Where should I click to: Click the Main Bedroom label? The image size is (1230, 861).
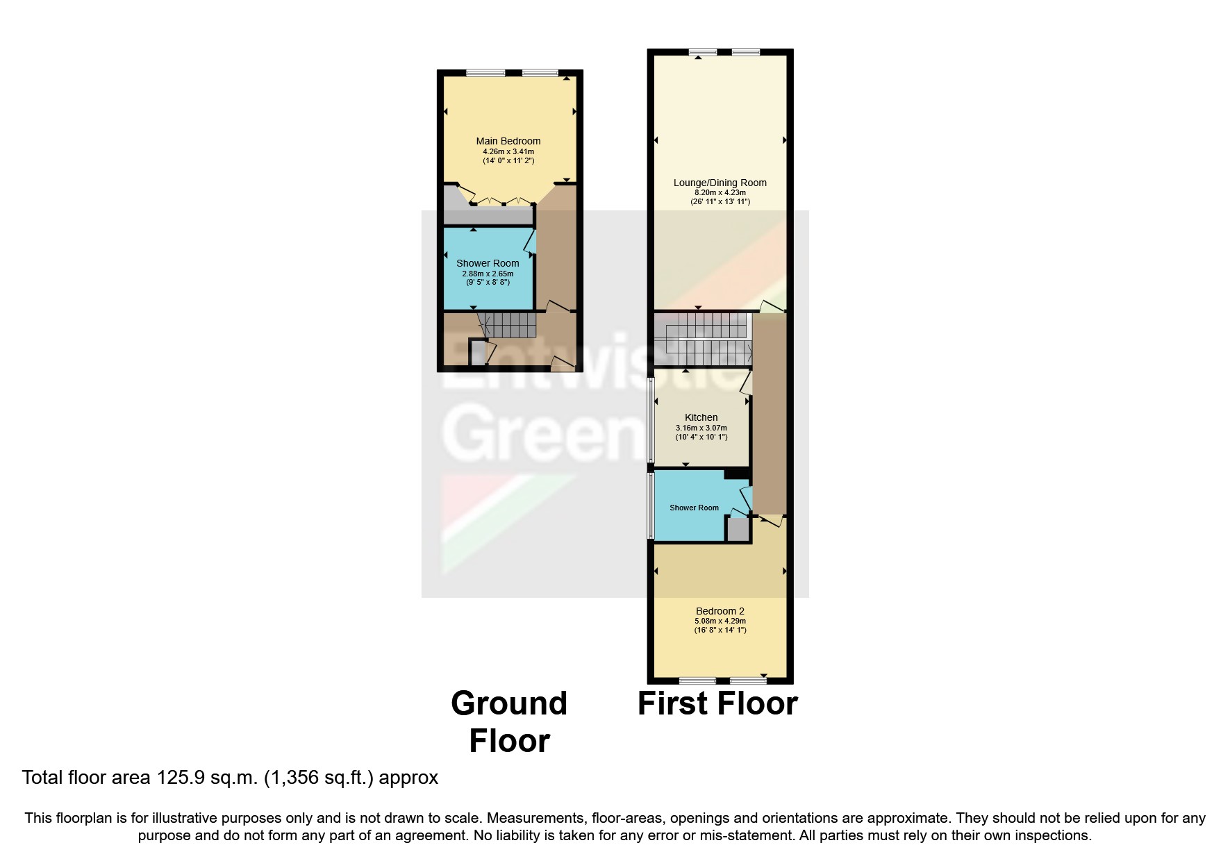coord(508,141)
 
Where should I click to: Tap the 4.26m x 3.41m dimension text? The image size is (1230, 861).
coord(508,151)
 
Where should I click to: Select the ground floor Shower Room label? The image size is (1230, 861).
coord(488,263)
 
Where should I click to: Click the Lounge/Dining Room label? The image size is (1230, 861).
coord(720,183)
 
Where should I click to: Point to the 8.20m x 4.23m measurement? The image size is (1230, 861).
coord(720,192)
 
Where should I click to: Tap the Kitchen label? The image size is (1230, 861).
coord(701,417)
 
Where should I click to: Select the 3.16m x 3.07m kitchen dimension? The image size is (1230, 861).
coord(701,428)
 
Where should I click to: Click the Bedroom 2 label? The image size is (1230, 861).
coord(720,611)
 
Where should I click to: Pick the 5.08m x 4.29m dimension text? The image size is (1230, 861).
coord(720,621)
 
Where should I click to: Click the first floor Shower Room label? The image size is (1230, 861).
coord(694,508)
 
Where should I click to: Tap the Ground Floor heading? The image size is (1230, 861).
coord(509,721)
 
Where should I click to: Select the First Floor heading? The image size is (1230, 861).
coord(717,703)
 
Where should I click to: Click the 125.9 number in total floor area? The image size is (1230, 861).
coord(181,778)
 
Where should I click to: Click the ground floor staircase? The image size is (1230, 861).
coord(510,324)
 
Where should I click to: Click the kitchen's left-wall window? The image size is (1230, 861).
coord(651,420)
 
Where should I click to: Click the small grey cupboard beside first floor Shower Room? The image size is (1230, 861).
coord(738,530)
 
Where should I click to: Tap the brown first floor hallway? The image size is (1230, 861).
coord(769,417)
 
